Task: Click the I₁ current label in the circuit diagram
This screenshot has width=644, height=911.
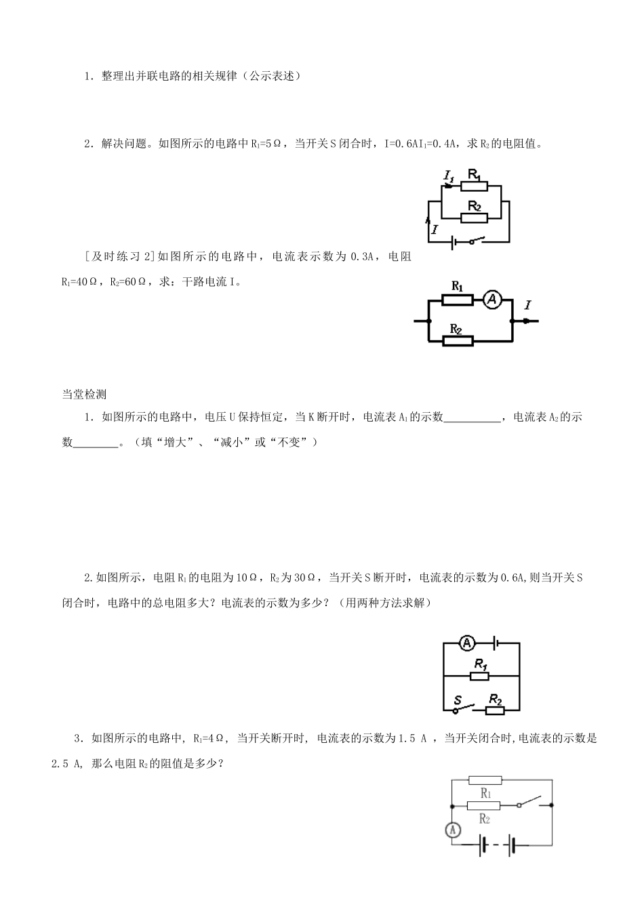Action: point(449,176)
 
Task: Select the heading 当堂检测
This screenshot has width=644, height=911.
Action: point(84,394)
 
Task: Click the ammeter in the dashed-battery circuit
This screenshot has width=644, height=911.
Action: point(453,830)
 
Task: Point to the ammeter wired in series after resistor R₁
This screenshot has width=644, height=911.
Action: point(492,300)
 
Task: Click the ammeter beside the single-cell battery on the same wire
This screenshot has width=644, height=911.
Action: point(467,643)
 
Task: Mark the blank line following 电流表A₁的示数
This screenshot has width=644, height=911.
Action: point(472,422)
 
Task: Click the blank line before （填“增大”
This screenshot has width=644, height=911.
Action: point(96,446)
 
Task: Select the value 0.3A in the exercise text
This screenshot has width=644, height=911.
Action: point(362,257)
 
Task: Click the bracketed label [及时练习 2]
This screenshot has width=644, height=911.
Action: point(121,257)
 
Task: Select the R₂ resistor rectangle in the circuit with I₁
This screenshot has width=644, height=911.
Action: point(474,218)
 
